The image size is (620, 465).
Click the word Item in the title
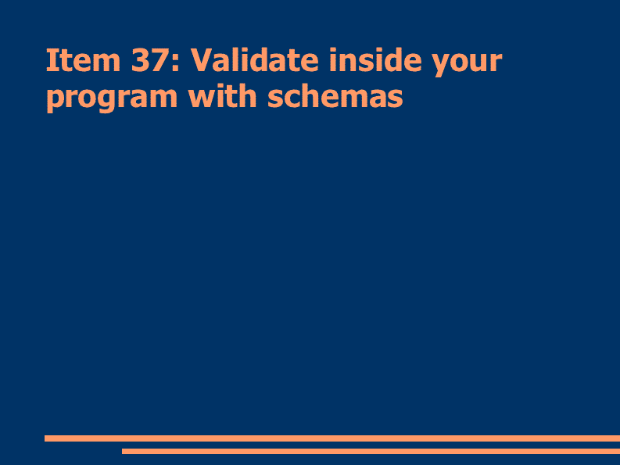[84, 60]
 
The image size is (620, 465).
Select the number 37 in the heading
[149, 60]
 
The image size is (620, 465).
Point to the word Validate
[255, 59]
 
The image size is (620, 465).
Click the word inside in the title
[375, 59]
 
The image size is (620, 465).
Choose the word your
[467, 64]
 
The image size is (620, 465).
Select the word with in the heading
[222, 95]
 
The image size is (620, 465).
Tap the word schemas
[335, 95]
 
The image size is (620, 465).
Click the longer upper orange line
[332, 438]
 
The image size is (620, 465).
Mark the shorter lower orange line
[371, 451]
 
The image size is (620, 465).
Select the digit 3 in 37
[140, 60]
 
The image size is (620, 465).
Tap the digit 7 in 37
[159, 60]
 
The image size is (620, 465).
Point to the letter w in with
[202, 98]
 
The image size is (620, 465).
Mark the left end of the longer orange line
[45, 438]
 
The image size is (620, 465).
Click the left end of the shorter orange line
[122, 451]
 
